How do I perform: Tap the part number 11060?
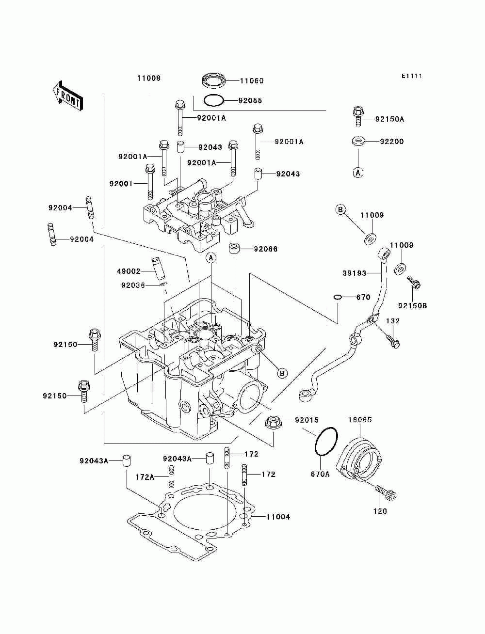pos(252,81)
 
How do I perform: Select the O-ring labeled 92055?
pos(213,100)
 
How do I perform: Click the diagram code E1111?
pos(412,76)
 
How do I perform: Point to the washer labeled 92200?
pos(358,142)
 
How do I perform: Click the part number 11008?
pos(149,78)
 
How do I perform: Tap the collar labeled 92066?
pos(235,249)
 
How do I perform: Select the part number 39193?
pos(355,273)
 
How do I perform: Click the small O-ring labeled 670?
pos(338,297)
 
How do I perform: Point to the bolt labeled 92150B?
pos(414,283)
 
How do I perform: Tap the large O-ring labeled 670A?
pos(326,442)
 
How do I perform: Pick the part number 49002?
pos(129,271)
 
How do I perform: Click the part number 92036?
pos(133,285)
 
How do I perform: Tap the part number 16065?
pos(360,420)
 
